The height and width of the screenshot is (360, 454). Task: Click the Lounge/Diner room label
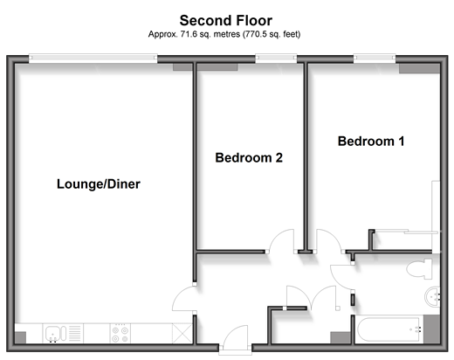point(99,184)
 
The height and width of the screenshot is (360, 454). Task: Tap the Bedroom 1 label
point(371,142)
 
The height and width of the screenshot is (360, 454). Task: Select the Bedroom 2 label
point(249,157)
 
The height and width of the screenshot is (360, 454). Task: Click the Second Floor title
point(226,20)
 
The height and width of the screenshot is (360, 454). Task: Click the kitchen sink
point(54,334)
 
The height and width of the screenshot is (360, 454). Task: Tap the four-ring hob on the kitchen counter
point(120,334)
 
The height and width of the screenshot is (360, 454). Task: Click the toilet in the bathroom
point(419,268)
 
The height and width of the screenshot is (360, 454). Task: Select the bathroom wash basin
point(432,297)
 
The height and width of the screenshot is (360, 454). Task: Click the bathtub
point(389,329)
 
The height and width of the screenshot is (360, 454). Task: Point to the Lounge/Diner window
point(93,58)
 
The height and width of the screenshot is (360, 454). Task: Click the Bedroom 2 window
point(276,58)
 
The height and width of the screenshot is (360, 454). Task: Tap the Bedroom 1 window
point(375,58)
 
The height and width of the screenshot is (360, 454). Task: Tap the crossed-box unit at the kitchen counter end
point(182,334)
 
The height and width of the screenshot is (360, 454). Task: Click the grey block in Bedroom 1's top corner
point(419,68)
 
